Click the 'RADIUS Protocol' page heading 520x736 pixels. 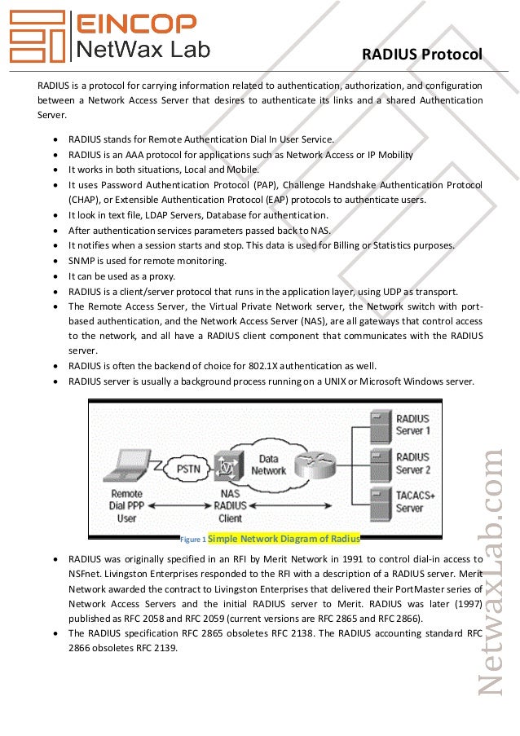tap(422, 55)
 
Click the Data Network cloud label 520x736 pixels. tap(269, 465)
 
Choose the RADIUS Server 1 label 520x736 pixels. tap(412, 425)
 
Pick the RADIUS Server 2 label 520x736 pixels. tap(412, 463)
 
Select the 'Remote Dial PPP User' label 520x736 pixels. tap(126, 505)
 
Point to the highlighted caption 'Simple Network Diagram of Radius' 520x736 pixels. tap(284, 538)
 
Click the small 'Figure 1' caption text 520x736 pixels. tap(193, 540)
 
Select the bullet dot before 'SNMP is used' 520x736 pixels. tap(55, 261)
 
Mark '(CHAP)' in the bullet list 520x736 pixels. tap(84, 200)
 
